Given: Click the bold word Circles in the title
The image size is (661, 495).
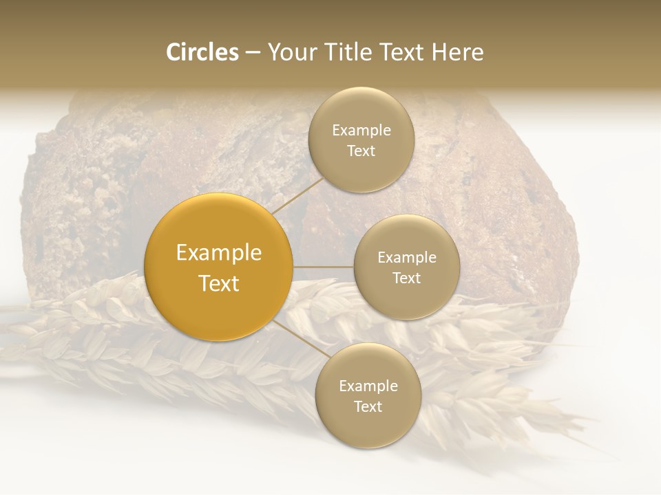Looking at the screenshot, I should click(x=202, y=52).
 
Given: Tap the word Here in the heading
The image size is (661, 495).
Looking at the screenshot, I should click(x=457, y=52).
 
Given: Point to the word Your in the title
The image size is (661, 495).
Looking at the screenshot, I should click(x=289, y=52).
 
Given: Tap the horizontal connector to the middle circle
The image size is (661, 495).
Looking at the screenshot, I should click(x=324, y=267).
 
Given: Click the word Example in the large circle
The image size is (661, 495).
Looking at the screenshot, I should click(x=218, y=253).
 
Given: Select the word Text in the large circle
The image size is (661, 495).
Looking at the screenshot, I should click(x=218, y=283).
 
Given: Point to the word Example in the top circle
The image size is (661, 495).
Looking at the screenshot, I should click(x=361, y=130).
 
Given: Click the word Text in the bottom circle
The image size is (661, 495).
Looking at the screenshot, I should click(x=368, y=406).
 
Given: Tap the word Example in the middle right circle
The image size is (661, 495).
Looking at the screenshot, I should click(x=407, y=257).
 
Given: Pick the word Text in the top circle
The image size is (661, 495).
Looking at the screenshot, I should click(x=361, y=151).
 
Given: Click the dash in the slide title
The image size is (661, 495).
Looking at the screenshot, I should click(x=253, y=52).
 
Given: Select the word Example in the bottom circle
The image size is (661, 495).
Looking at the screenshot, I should click(x=368, y=386).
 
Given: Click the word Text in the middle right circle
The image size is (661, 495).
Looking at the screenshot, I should click(x=407, y=278).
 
